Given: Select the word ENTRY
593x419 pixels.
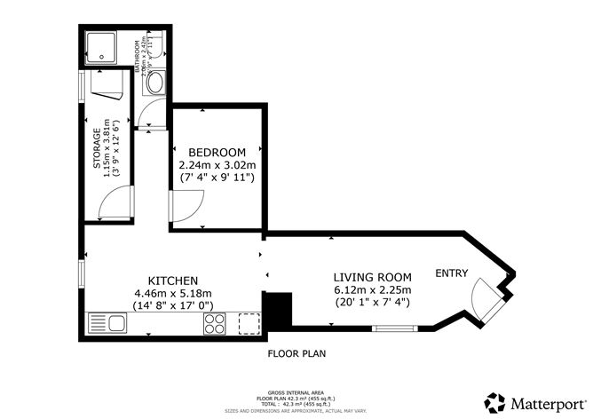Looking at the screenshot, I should [x=451, y=273].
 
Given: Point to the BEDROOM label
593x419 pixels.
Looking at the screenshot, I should [x=217, y=151].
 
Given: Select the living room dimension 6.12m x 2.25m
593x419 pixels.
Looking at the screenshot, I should [x=373, y=290].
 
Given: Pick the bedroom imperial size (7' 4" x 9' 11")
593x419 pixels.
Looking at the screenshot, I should [x=217, y=178].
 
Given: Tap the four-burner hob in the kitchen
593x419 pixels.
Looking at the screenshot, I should [x=216, y=325].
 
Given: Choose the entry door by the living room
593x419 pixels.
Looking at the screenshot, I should [x=485, y=301].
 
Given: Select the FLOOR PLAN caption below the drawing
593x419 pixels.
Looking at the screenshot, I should [x=296, y=353].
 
